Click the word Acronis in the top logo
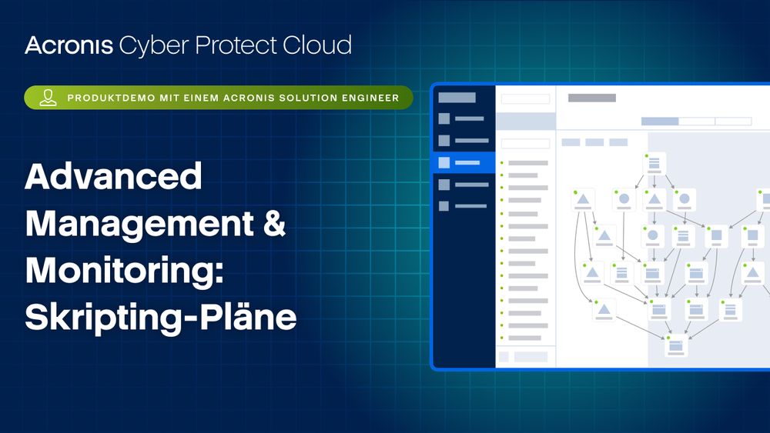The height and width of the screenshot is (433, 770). pyautogui.click(x=69, y=45)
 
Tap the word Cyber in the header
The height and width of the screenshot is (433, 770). pyautogui.click(x=154, y=46)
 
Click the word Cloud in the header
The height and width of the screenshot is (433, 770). pyautogui.click(x=316, y=45)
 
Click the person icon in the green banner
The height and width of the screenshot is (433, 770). pyautogui.click(x=48, y=98)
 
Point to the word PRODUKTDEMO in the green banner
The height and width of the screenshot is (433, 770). pyautogui.click(x=111, y=98)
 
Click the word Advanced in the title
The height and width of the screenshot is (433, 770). pyautogui.click(x=113, y=177)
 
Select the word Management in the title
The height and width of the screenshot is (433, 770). pyautogui.click(x=139, y=224)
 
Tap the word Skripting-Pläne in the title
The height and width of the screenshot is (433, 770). pyautogui.click(x=161, y=317)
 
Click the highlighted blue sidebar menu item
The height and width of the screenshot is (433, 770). pyautogui.click(x=464, y=162)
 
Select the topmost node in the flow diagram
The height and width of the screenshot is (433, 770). pyautogui.click(x=654, y=163)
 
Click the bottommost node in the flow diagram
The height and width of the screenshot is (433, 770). pyautogui.click(x=676, y=346)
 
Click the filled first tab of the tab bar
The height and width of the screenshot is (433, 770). pyautogui.click(x=660, y=121)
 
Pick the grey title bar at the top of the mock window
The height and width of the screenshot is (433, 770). pyautogui.click(x=591, y=98)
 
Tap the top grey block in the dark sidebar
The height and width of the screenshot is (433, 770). pyautogui.click(x=457, y=98)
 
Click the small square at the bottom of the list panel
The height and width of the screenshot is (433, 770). pyautogui.click(x=504, y=357)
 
